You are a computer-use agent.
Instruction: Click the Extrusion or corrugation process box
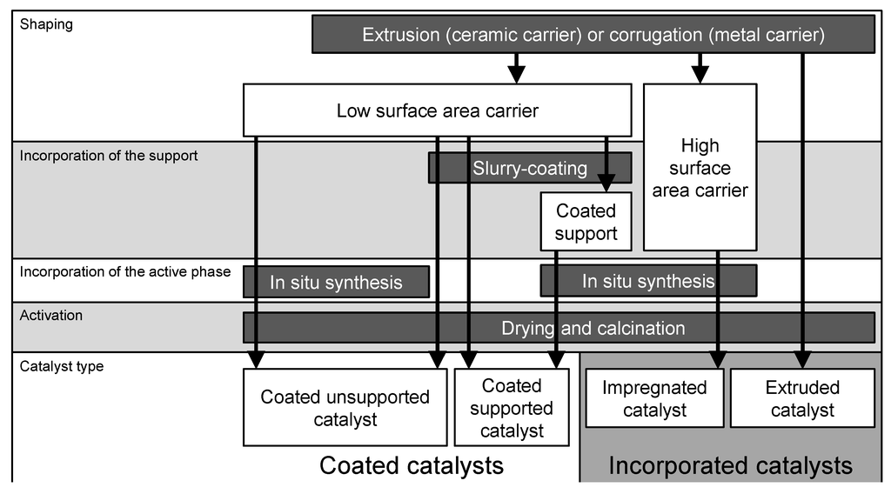click(x=593, y=35)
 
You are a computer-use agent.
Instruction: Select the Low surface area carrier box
click(x=437, y=110)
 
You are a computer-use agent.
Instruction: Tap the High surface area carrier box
click(x=700, y=167)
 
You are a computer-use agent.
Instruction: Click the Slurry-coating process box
click(x=529, y=168)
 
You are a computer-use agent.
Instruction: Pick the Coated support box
click(x=586, y=222)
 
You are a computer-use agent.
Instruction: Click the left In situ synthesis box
click(x=336, y=282)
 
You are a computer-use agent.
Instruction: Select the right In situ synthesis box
click(x=648, y=281)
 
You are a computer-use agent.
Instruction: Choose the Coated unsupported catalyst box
click(x=345, y=408)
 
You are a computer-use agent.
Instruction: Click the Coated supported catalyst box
click(x=512, y=408)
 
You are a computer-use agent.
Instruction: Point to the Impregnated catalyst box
click(x=654, y=398)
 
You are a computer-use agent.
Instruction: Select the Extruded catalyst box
click(x=802, y=398)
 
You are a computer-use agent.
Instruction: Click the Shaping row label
click(x=46, y=24)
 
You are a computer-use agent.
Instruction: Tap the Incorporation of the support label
click(x=109, y=156)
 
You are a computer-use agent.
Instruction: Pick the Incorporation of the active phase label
click(x=125, y=271)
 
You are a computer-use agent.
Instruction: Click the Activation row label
click(x=51, y=315)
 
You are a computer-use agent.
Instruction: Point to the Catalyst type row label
click(x=62, y=366)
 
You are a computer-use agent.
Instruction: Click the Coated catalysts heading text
click(x=412, y=465)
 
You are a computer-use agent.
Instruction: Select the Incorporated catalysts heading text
click(x=730, y=466)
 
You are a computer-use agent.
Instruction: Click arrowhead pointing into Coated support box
click(x=606, y=184)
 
